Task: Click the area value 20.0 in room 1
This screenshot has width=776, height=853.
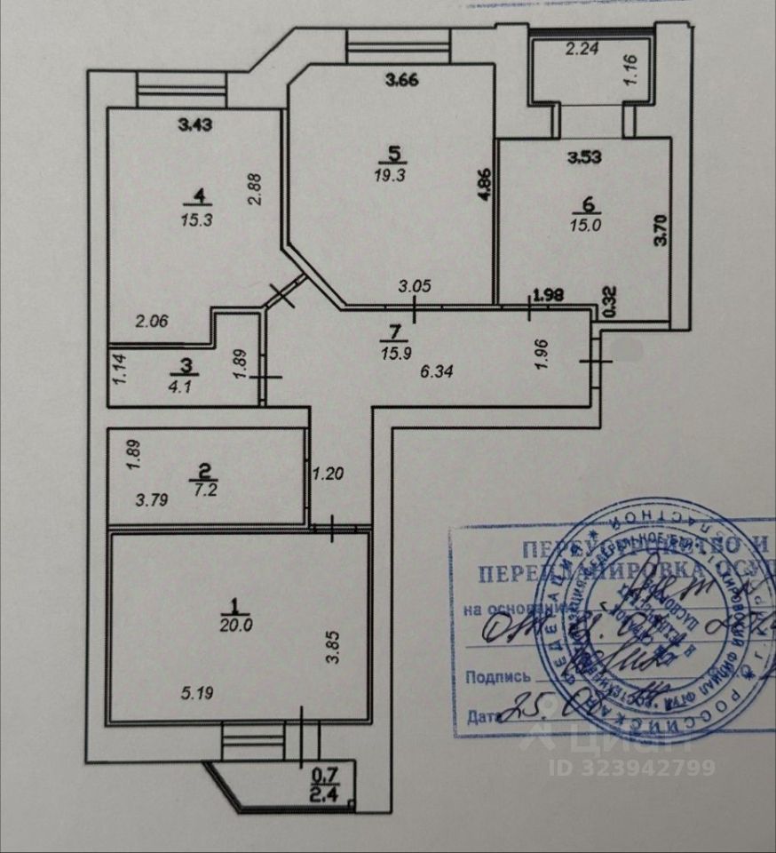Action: click(x=236, y=624)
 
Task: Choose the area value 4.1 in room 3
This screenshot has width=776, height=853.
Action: click(x=185, y=387)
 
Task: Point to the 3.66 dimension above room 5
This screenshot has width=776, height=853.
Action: click(x=400, y=79)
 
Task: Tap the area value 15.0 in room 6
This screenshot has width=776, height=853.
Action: click(x=584, y=224)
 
